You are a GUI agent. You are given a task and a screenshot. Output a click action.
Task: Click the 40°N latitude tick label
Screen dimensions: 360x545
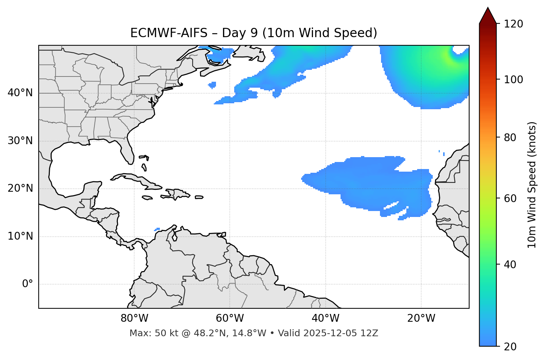click(20, 93)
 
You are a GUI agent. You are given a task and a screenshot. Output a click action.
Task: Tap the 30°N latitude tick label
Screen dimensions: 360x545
click(20, 141)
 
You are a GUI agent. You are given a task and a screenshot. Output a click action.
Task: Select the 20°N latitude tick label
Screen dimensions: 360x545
click(20, 188)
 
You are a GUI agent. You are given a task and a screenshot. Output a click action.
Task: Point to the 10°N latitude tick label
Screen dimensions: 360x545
click(20, 236)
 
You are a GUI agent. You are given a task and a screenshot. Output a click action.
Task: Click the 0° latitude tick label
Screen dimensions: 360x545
click(28, 284)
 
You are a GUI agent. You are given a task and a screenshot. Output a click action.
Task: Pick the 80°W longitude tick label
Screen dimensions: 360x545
click(134, 318)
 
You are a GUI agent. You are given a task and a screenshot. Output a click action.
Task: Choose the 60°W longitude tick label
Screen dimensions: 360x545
click(230, 318)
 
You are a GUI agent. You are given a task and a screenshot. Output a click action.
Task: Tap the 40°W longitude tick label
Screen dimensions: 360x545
click(325, 318)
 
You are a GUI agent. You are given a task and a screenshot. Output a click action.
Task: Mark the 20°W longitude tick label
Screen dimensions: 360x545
click(421, 318)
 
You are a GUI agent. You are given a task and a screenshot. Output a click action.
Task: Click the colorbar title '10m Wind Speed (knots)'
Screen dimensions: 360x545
click(532, 185)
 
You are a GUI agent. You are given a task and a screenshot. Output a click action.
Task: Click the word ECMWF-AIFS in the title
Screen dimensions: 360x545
click(169, 33)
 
